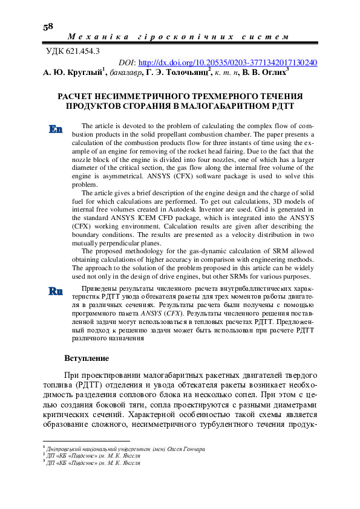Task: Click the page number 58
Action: click(x=48, y=27)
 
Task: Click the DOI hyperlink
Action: click(x=228, y=62)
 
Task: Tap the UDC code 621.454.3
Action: click(x=74, y=51)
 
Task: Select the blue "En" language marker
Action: click(x=56, y=129)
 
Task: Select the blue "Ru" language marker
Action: click(x=56, y=291)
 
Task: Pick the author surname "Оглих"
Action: click(x=273, y=73)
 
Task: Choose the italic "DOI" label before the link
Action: click(x=127, y=62)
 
